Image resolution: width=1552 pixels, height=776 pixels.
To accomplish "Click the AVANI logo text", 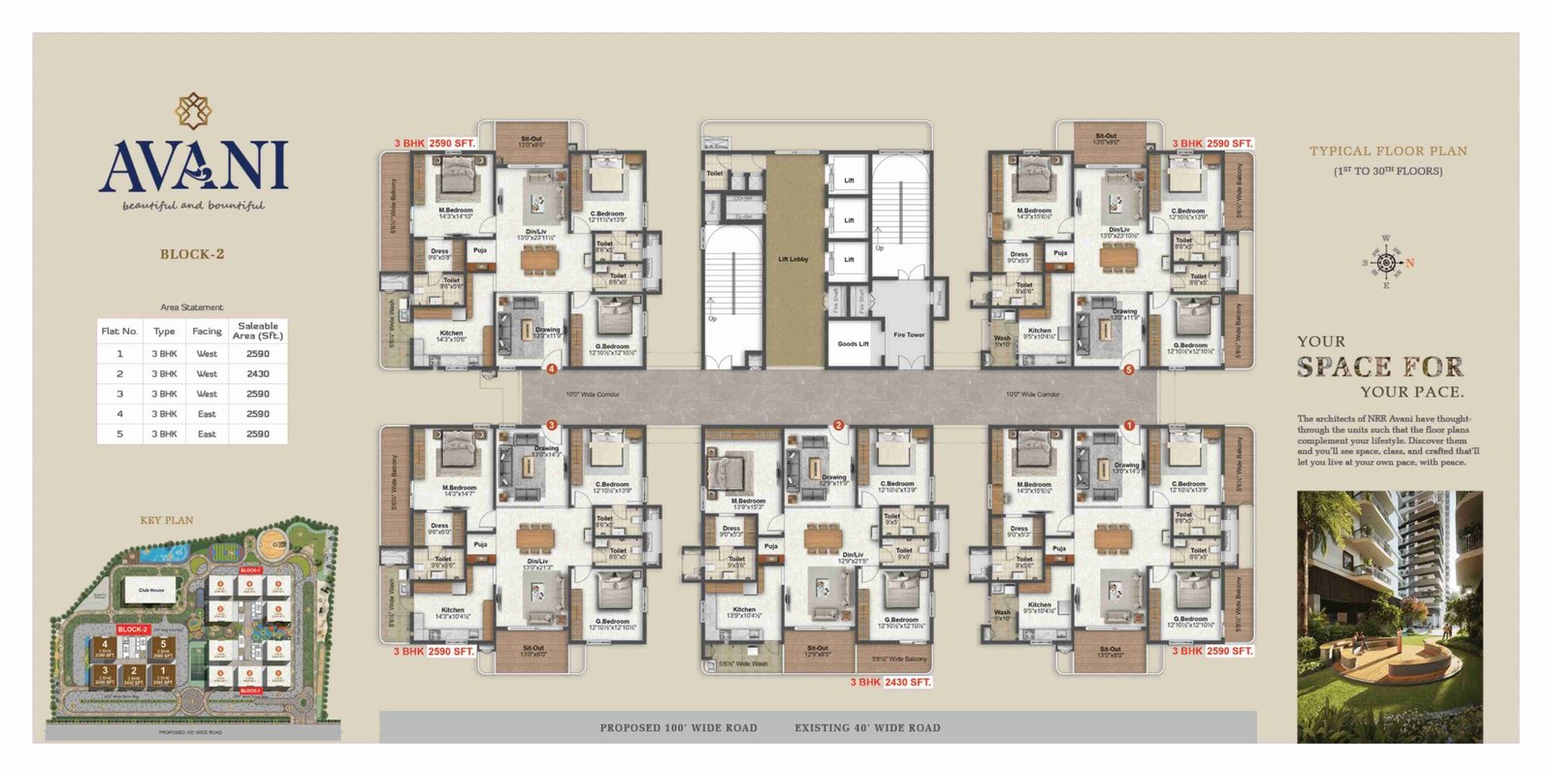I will coord(193,167).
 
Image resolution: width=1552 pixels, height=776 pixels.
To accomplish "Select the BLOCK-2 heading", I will coord(192,254).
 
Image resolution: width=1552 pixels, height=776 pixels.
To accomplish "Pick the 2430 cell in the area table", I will coord(258,373).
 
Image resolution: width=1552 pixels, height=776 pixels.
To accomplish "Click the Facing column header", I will coord(207,331).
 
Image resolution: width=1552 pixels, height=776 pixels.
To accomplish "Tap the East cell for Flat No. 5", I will coord(207,434).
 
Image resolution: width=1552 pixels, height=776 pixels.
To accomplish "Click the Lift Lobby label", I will coord(792,259).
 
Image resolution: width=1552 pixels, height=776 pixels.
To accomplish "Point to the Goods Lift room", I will coord(853,343).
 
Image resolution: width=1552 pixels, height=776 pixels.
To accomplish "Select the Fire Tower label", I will coord(909,335).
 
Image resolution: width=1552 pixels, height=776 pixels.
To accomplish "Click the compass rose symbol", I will coord(1386,263).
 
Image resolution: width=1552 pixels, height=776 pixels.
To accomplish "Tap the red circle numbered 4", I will coord(551,369).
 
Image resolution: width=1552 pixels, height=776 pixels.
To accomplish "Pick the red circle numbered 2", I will coord(838,425).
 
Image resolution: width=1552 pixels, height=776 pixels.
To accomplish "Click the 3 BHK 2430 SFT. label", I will coord(890,682).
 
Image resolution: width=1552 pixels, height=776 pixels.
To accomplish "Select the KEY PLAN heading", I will coord(167,520).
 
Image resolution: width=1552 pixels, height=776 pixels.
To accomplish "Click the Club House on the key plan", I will coord(151,590).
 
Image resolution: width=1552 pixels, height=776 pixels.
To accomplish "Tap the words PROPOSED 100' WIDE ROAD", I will coord(678,727).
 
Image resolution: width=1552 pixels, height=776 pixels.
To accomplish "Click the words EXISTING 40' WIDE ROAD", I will coord(867,727).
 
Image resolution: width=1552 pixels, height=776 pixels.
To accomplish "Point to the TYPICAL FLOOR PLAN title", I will coord(1388,151).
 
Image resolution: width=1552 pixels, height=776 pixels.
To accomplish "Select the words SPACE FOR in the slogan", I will coord(1380,367).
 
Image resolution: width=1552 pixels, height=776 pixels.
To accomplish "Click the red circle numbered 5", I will coord(1128,370).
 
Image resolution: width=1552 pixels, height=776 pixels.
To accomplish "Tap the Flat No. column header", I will coord(119,331).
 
